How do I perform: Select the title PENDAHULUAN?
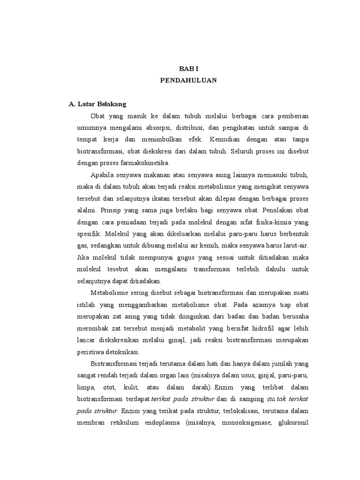(x=188, y=80)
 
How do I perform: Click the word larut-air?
(x=294, y=245)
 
